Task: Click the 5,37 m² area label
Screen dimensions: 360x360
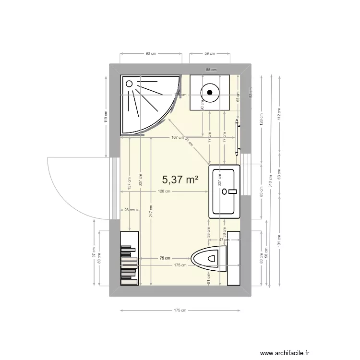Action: tap(180, 180)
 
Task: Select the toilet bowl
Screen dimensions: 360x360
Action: tap(207, 258)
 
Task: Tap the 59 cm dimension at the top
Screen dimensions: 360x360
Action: tap(209, 54)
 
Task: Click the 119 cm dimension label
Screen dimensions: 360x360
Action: tap(106, 116)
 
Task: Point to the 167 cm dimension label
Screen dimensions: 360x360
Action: tap(177, 138)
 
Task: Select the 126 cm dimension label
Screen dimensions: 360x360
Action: tap(164, 192)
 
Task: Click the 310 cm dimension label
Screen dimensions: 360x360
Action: tap(271, 181)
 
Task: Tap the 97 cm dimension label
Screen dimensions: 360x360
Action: tap(94, 252)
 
